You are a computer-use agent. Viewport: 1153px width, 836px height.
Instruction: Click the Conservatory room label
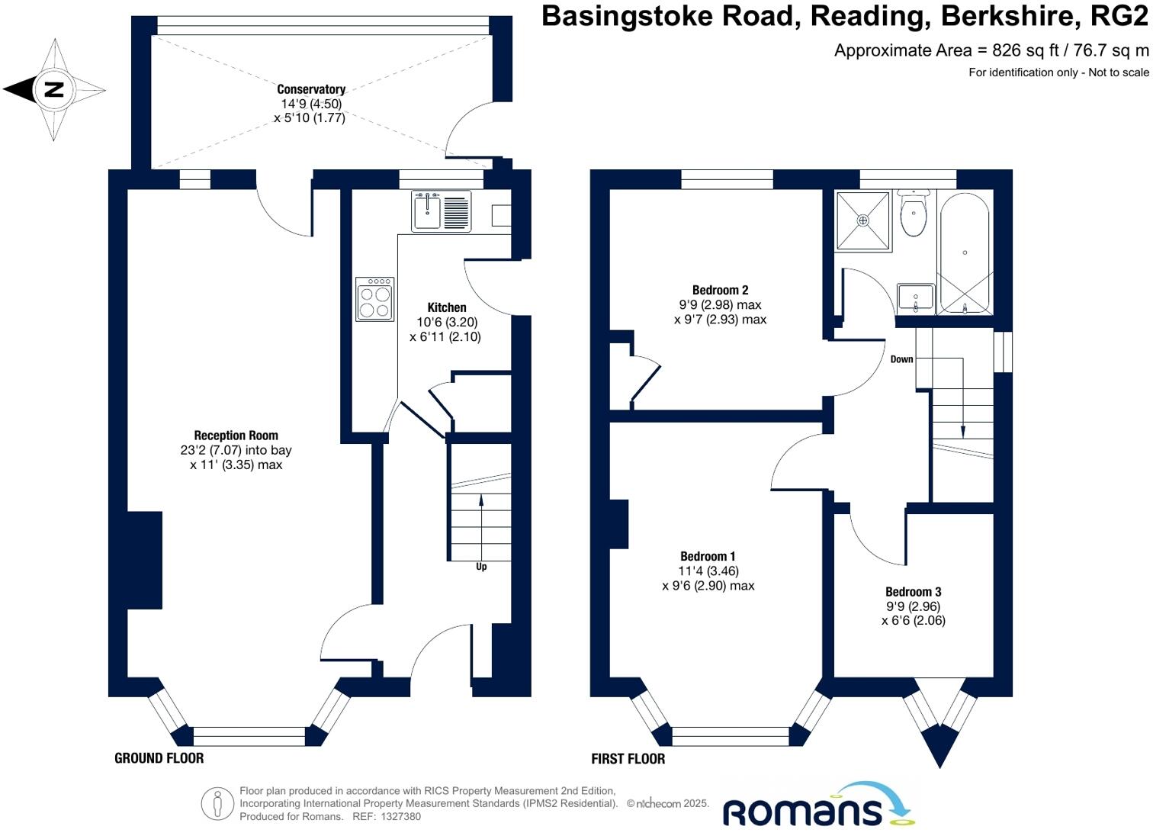(310, 89)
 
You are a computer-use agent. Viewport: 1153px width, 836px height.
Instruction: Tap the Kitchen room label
(446, 307)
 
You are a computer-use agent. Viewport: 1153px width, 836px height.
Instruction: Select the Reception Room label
(236, 436)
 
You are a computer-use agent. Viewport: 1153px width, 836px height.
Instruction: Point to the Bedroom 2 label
(720, 290)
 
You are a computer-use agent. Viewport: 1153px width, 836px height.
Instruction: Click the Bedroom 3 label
(913, 592)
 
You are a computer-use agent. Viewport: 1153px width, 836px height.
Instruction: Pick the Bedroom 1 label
(708, 557)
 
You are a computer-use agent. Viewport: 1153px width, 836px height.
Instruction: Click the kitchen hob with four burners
(374, 299)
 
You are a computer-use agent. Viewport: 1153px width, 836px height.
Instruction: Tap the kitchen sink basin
(427, 211)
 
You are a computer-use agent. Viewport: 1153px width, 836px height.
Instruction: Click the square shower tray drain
(863, 220)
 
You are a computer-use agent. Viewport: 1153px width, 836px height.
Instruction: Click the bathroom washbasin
(916, 297)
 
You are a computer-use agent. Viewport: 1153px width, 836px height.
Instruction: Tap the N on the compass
(53, 89)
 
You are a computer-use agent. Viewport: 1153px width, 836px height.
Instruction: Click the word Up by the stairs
(481, 567)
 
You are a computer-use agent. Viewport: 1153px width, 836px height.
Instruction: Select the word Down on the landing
(901, 359)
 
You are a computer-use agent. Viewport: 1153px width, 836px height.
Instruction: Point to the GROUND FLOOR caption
(159, 758)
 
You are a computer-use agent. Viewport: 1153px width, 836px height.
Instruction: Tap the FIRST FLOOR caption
(628, 759)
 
